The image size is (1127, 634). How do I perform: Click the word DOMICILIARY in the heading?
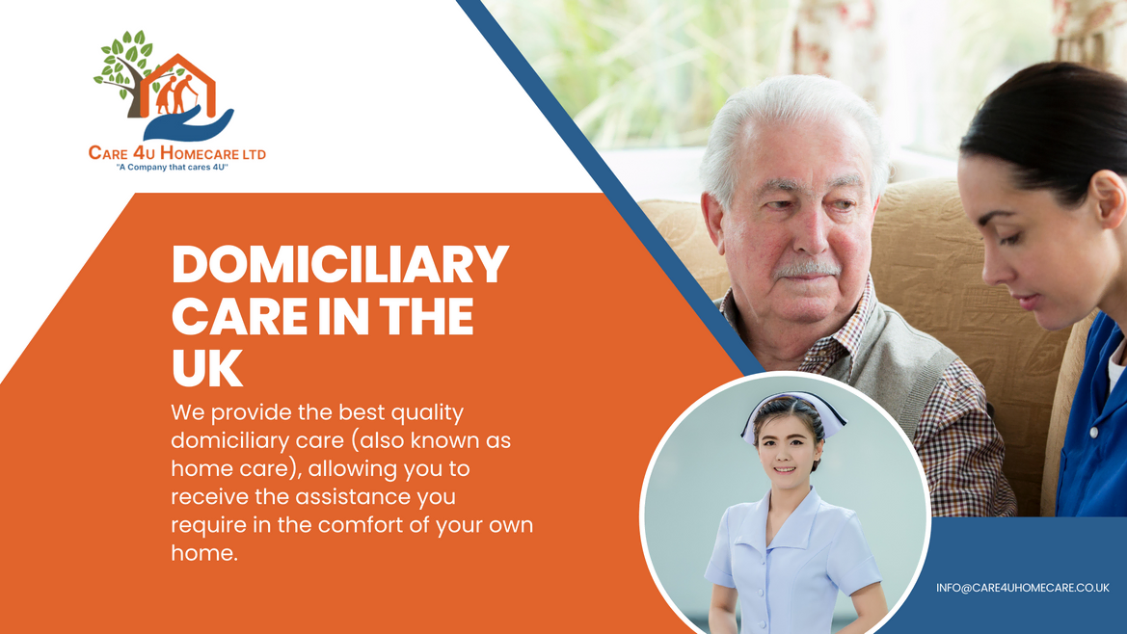coord(340,264)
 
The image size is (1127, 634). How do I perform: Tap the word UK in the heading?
coord(207,368)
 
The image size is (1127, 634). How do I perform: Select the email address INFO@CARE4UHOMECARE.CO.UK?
coord(1023,588)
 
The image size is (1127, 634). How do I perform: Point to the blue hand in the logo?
coord(188,124)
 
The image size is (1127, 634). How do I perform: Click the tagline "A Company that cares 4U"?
coord(172,168)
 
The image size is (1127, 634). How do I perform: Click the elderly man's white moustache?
coord(806,271)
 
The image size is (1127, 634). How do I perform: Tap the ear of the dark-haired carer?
coord(1109,198)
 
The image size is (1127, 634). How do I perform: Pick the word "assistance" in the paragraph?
coord(354,497)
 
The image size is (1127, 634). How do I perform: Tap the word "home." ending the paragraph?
coord(204,553)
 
